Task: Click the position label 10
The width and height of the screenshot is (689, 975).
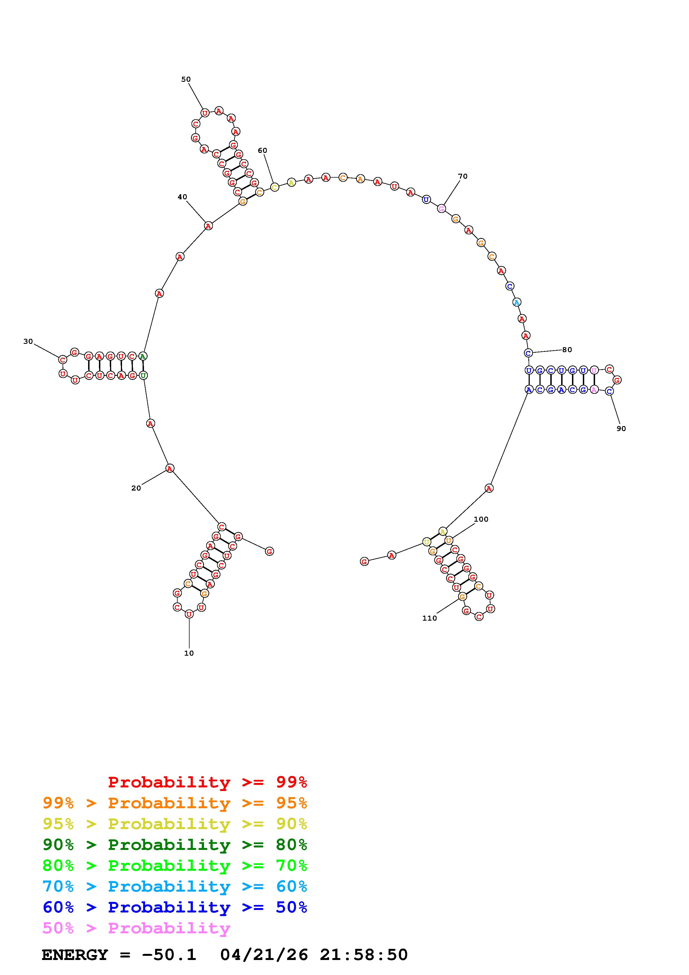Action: tap(189, 653)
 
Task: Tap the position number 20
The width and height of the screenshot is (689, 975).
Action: tap(136, 488)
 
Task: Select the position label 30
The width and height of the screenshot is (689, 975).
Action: tap(28, 341)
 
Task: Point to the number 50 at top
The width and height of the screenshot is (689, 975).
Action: tap(186, 79)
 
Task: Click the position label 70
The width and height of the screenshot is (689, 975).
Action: tap(463, 176)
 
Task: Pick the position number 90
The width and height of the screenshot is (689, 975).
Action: tap(621, 429)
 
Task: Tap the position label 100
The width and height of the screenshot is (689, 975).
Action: tap(481, 519)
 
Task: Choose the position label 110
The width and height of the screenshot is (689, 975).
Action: tap(429, 618)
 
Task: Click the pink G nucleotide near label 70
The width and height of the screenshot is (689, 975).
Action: tap(442, 208)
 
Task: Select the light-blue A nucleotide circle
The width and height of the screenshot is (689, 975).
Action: tap(517, 302)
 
